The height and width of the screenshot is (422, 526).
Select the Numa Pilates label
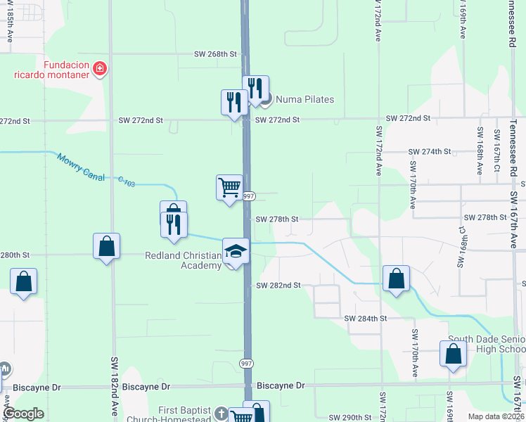[304, 99]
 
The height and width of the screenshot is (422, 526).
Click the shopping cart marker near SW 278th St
[229, 188]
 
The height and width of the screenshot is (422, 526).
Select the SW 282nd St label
[278, 286]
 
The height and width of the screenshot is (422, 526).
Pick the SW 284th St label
[366, 319]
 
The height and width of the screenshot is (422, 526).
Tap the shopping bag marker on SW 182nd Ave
[106, 247]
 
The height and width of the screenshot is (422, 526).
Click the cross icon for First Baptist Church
[222, 414]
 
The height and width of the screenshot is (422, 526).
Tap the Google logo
[23, 414]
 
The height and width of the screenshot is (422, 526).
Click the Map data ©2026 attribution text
[496, 416]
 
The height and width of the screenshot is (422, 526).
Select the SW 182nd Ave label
[114, 386]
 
